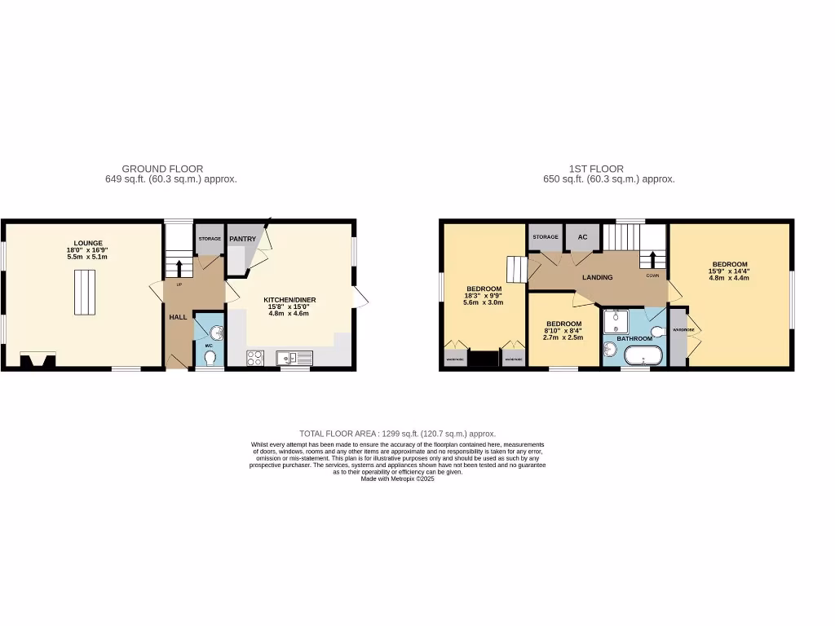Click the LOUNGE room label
click(87, 242)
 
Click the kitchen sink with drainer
click(294, 357)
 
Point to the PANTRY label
click(243, 239)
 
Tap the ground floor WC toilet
click(210, 356)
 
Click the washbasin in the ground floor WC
click(215, 331)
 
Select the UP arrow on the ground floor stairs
click(179, 267)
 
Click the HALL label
click(179, 316)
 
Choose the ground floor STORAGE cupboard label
click(210, 239)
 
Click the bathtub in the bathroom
click(643, 356)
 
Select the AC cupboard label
click(582, 237)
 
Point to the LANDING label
click(597, 278)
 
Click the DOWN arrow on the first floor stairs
click(652, 260)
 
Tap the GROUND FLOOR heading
click(162, 169)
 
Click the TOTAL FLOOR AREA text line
click(397, 434)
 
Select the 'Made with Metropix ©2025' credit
click(398, 479)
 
